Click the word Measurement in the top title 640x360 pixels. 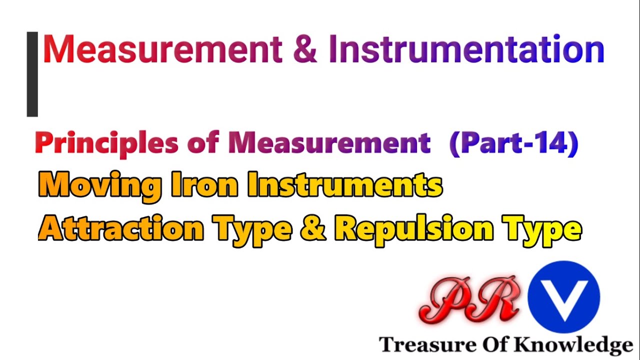(163, 49)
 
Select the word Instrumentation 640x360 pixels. (466, 49)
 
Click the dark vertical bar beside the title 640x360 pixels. (32, 74)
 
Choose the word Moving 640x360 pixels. (99, 186)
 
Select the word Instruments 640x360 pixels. (345, 186)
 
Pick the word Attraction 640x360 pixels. (121, 229)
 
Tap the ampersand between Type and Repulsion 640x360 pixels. (314, 229)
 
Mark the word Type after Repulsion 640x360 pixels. (543, 229)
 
